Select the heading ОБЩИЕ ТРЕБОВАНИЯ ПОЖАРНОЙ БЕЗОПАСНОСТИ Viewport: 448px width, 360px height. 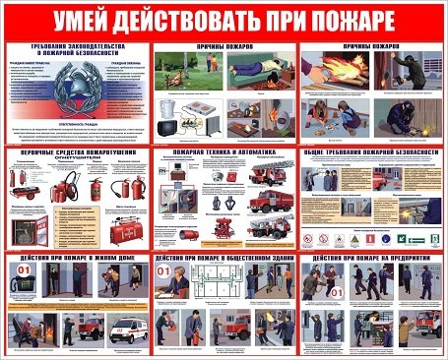coord(370,154)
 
